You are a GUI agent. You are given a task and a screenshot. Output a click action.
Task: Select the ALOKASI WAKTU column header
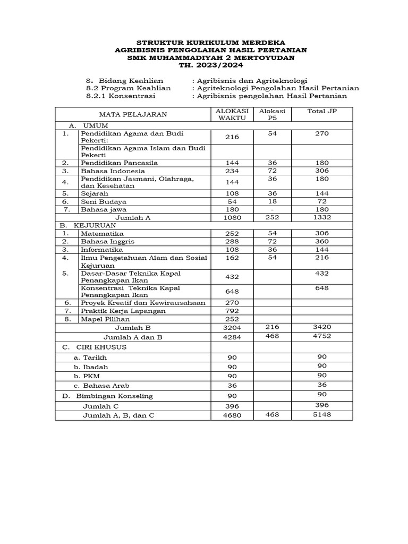pos(232,114)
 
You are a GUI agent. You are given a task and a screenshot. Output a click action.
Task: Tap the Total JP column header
pos(321,110)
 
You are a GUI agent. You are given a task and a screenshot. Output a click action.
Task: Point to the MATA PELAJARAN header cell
pos(133,114)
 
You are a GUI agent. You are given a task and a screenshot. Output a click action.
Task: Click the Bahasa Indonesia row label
pos(113,171)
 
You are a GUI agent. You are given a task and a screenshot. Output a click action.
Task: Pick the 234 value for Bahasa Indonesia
pos(232,171)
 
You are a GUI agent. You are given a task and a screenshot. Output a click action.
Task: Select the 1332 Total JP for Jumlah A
pos(321,217)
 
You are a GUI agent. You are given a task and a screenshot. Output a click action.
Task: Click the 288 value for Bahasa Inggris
pos(232,242)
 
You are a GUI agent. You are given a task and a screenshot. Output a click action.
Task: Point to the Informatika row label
pos(102,250)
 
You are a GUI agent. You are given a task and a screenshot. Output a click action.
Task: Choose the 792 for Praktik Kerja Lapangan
pos(232,311)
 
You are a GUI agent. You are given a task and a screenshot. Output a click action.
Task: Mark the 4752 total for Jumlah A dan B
pos(321,336)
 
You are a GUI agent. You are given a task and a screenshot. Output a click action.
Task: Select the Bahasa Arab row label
pos(101,386)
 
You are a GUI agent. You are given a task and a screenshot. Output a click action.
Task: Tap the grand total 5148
pos(321,414)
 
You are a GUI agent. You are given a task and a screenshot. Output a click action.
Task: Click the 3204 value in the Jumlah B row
pos(232,328)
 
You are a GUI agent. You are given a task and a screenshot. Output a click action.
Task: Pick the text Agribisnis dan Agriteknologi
pos(252,80)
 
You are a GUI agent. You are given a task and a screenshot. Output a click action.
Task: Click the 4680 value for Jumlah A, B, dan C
pos(232,415)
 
